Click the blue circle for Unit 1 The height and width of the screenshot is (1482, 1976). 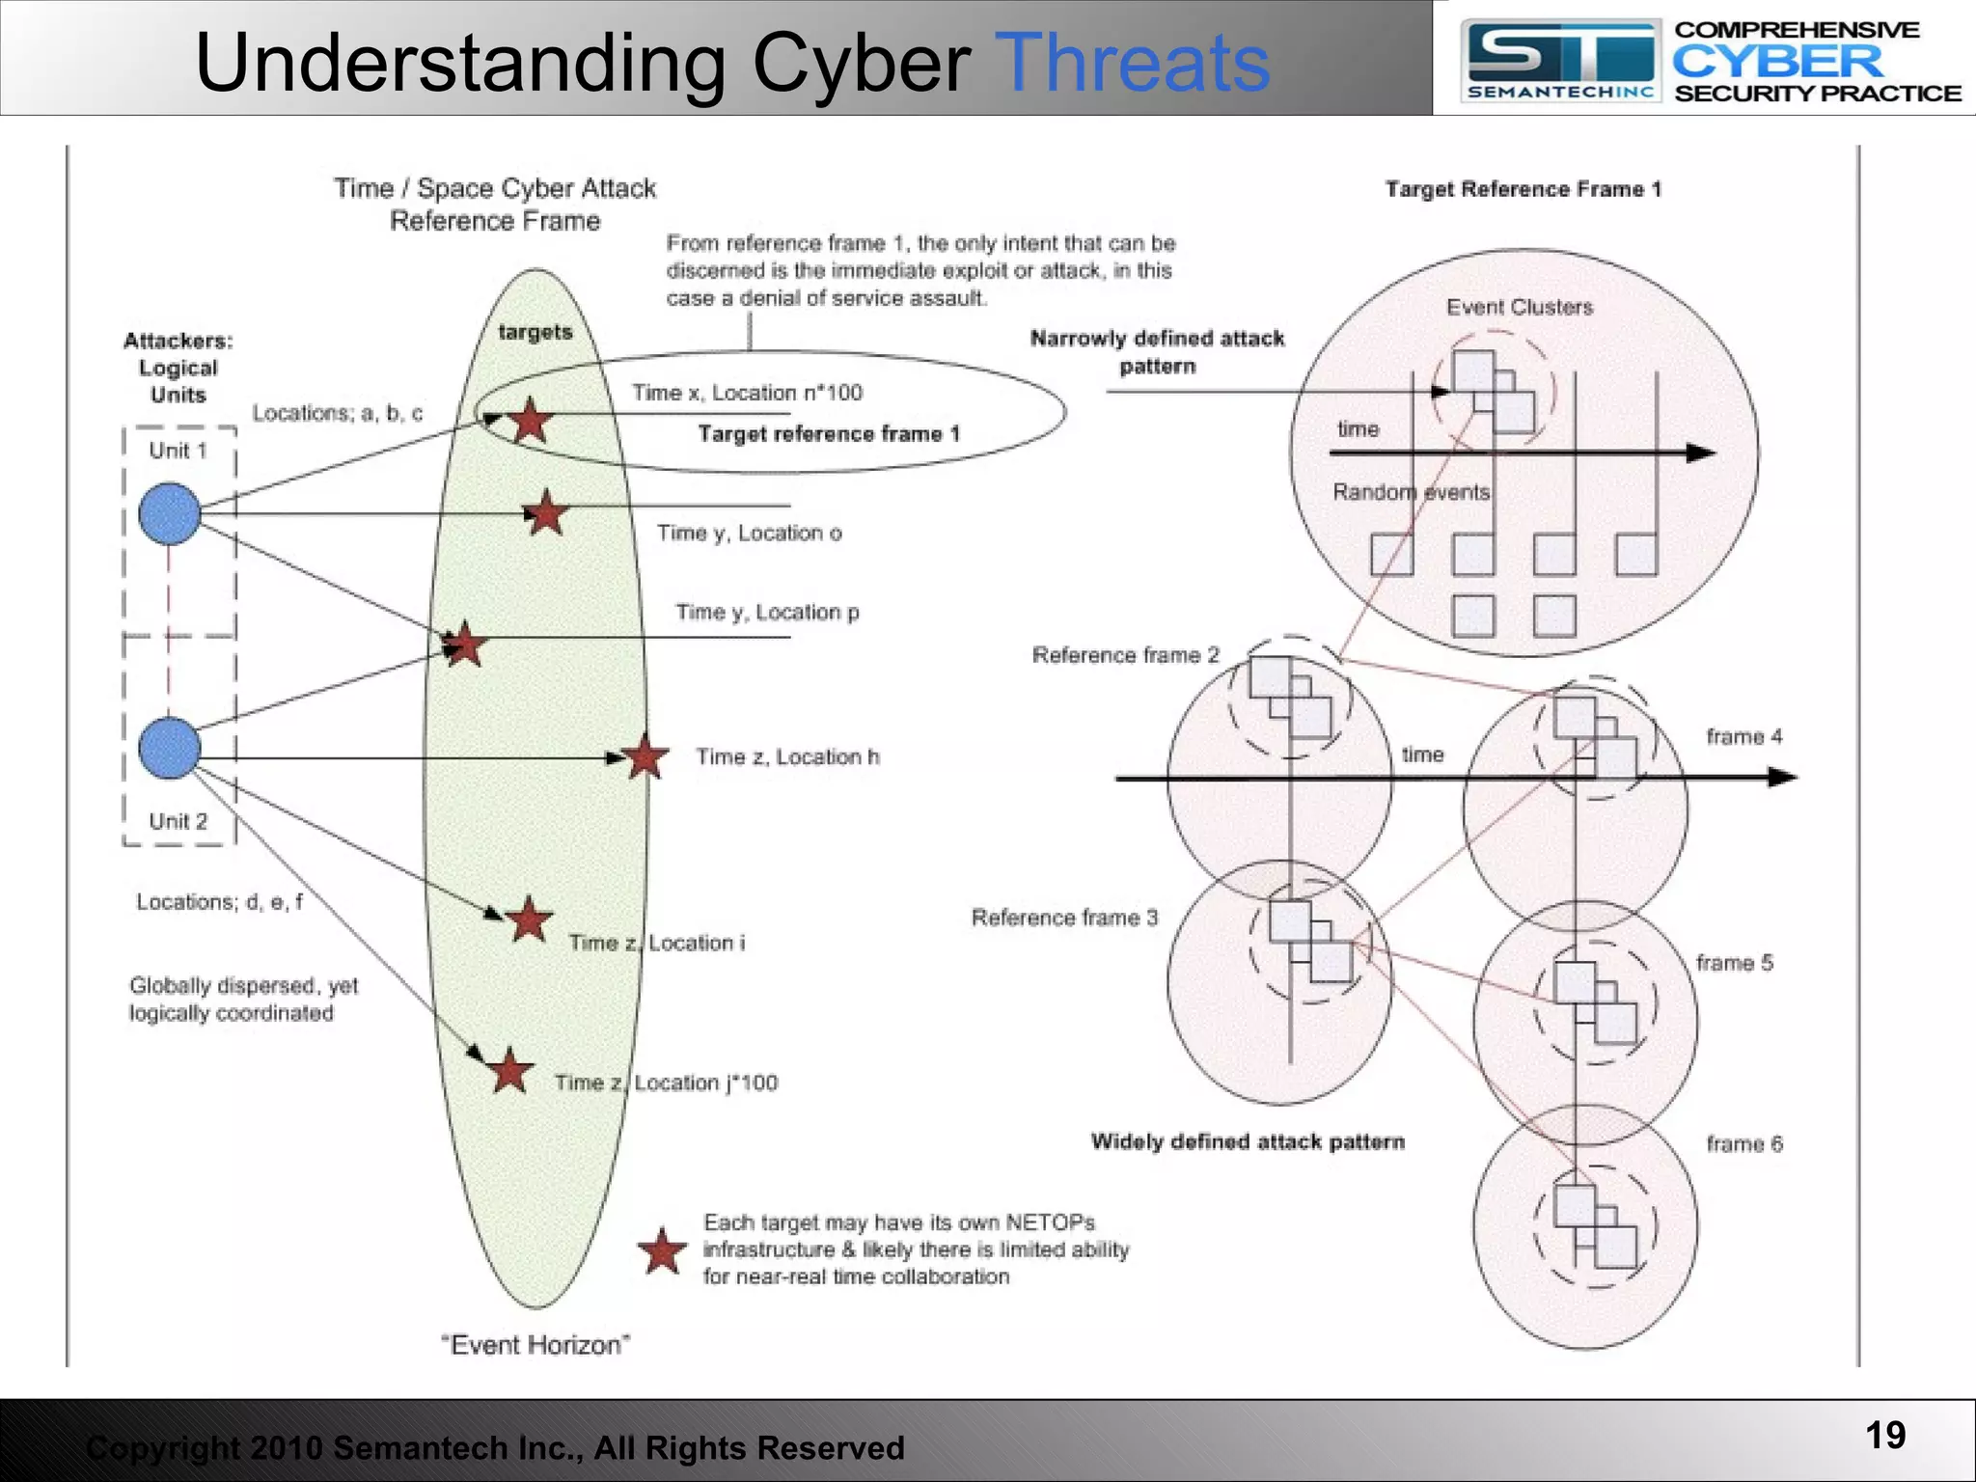170,514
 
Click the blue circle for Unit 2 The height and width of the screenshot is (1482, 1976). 170,748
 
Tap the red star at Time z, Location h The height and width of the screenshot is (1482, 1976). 645,757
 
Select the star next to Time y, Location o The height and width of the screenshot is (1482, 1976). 546,512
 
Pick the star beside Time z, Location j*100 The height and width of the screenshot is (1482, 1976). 509,1071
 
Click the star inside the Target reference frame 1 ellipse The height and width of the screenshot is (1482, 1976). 530,421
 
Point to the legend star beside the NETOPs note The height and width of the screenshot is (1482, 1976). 663,1251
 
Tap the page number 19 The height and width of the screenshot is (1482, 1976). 1884,1436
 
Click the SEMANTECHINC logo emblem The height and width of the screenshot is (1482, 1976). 1560,60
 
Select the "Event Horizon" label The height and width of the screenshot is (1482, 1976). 535,1345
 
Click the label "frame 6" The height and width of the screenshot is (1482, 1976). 1743,1144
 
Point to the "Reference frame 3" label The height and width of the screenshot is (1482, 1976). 1064,918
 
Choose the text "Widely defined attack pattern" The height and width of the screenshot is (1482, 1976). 1248,1142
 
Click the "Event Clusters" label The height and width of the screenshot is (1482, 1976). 1519,307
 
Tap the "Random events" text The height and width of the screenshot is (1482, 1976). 1411,492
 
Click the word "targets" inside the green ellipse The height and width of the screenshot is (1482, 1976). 535,333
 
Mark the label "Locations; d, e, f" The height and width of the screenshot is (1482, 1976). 219,902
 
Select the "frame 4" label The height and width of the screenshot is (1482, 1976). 1743,737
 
